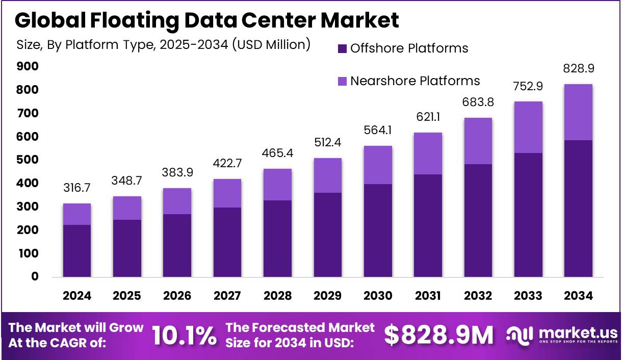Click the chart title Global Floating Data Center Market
coord(206,20)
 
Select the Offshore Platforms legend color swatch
coord(342,49)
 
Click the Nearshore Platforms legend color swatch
coord(342,81)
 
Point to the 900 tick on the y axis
coord(28,67)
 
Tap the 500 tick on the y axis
coord(28,160)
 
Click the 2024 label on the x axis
coord(77,296)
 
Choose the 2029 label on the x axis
coord(328,296)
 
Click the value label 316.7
coord(77,189)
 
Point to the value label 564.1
coord(378,131)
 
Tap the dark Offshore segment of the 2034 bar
coord(578,209)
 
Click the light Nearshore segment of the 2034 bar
coord(578,112)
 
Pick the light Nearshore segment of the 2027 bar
coord(227,193)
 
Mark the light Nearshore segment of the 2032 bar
coord(478,141)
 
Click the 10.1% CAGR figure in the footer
coord(184,336)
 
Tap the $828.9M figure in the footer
coord(438,336)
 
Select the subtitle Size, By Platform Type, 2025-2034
coord(163,45)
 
